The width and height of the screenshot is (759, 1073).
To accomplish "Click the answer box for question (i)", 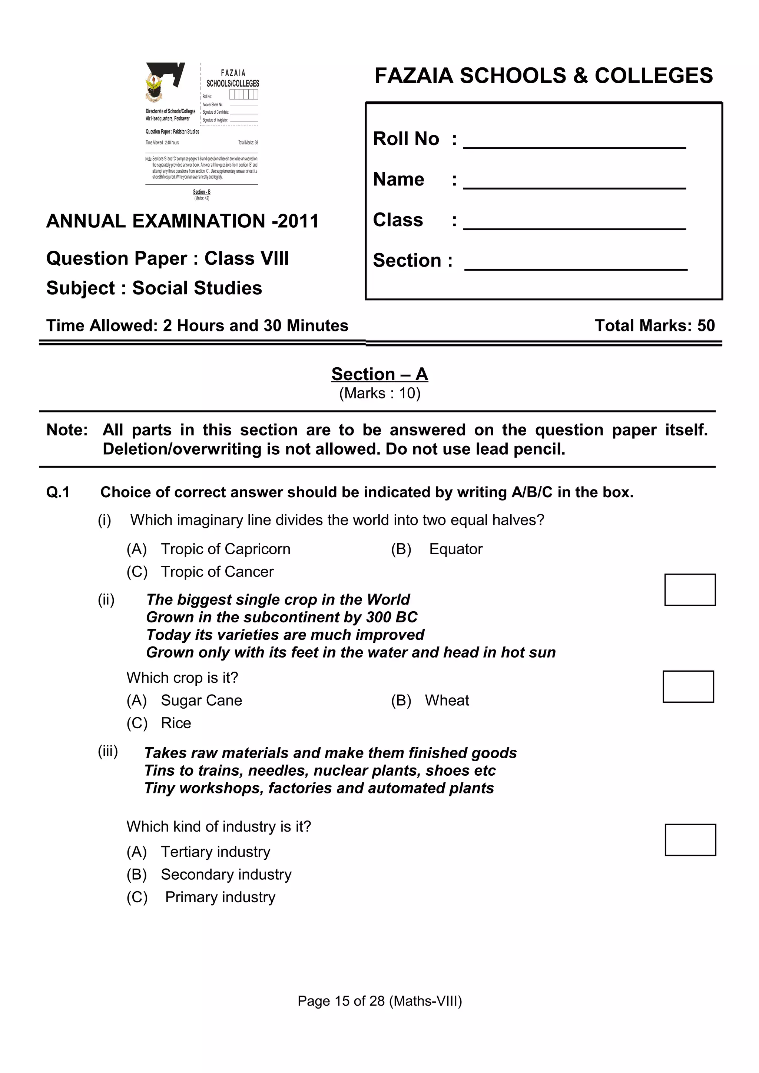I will (x=689, y=589).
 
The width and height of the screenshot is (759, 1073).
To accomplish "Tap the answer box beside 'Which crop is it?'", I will (x=687, y=686).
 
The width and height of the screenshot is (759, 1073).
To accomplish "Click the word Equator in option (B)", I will (x=455, y=549).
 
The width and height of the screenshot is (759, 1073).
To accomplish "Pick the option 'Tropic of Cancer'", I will (x=217, y=572).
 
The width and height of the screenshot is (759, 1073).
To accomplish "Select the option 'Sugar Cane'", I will (x=201, y=700).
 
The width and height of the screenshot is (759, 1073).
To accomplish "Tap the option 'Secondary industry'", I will (x=226, y=874).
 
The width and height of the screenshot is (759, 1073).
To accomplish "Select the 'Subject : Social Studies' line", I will (x=154, y=288).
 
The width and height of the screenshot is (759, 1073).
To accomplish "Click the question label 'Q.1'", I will (x=58, y=492).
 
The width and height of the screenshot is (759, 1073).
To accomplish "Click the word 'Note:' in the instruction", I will (x=67, y=430).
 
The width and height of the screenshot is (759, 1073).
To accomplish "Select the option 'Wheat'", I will (x=447, y=700).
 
